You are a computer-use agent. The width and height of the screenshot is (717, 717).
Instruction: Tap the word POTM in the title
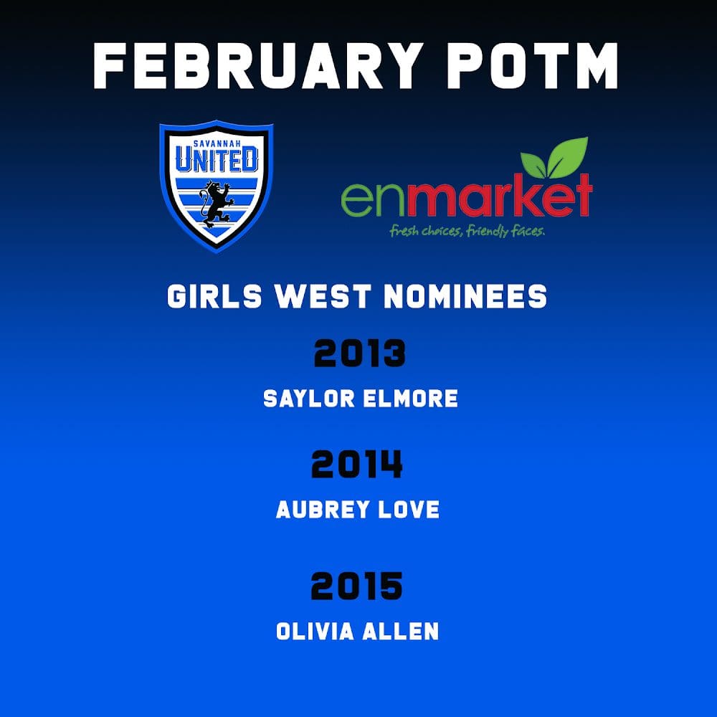[533, 66]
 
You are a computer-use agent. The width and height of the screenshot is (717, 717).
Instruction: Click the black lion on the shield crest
[217, 204]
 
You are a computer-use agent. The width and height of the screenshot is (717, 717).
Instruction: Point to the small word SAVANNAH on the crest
[217, 144]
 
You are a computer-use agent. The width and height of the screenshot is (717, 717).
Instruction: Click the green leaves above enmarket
[554, 158]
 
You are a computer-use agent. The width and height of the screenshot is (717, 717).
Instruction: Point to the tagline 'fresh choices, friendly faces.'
[467, 231]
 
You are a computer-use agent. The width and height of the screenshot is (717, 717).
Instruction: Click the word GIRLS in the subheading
[214, 296]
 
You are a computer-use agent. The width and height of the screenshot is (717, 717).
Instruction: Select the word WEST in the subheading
[323, 296]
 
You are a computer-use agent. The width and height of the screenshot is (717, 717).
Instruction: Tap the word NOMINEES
[465, 296]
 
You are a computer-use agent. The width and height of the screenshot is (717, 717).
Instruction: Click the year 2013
[360, 353]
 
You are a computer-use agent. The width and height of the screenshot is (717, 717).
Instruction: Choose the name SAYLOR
[309, 398]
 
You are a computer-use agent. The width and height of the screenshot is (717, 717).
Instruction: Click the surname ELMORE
[410, 398]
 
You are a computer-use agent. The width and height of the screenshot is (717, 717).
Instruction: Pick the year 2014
[357, 464]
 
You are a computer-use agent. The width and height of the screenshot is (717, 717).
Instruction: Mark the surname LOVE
[402, 509]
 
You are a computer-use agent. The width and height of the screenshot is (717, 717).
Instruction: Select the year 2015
[356, 586]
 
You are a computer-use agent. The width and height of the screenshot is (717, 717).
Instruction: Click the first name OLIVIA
[315, 632]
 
